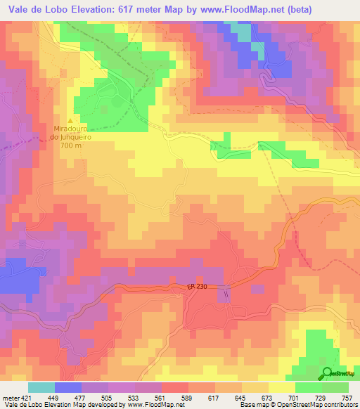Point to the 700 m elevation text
point(70,145)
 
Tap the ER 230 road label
point(199,287)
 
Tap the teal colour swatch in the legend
point(41,387)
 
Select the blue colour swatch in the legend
point(68,387)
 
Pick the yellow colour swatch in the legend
point(282,387)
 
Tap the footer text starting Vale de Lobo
point(63,405)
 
